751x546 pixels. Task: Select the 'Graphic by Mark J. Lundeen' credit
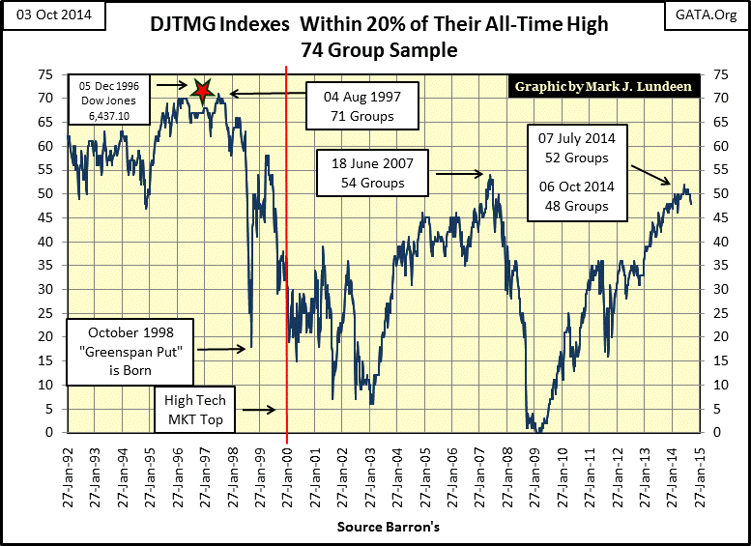tap(604, 86)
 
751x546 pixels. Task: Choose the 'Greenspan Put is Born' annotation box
tap(132, 348)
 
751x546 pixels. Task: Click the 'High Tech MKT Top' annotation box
tap(194, 410)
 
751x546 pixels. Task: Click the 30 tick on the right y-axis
tap(717, 289)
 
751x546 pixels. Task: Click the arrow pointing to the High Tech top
tap(258, 410)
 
